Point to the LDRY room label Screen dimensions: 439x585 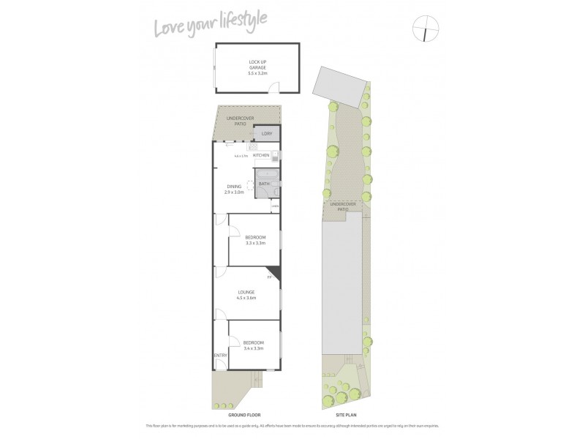point(266,134)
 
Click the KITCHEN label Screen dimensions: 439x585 point(261,155)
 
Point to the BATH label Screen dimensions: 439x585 point(263,184)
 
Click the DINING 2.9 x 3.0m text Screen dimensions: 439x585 point(234,189)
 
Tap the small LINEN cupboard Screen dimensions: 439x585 point(275,206)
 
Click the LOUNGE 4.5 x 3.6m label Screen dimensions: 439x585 point(246,295)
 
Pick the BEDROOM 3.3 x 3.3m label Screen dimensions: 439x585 point(254,240)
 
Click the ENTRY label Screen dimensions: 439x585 point(220,356)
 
